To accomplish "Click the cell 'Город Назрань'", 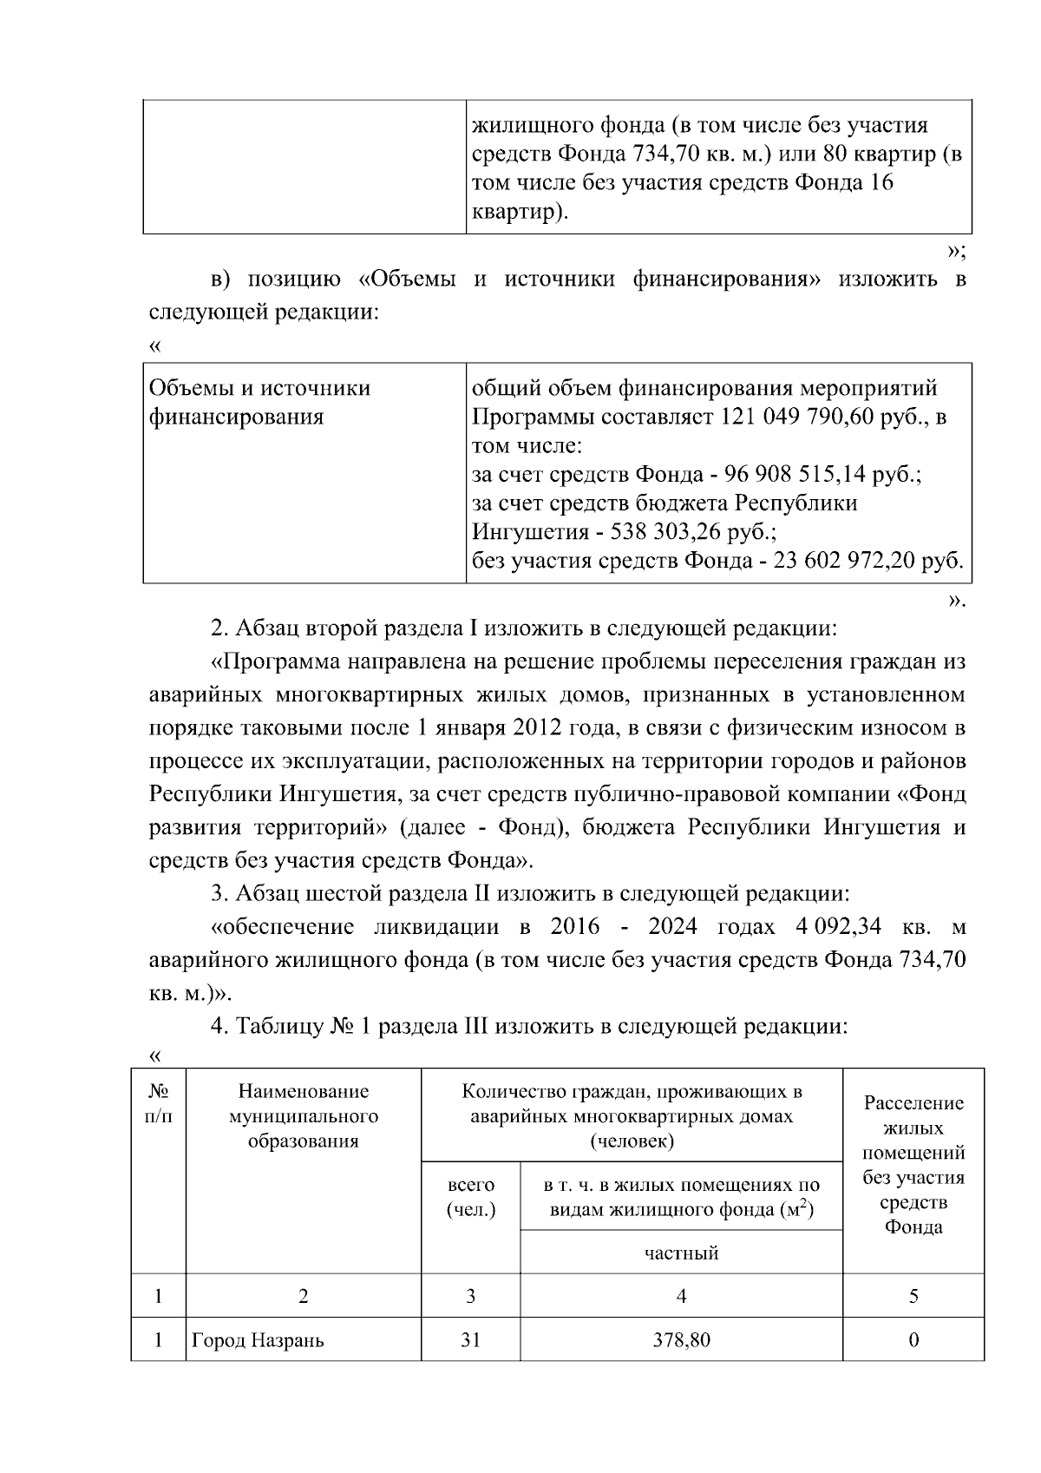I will coord(258,1340).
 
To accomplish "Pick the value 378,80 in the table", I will coord(681,1340).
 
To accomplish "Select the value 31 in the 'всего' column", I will coord(470,1340).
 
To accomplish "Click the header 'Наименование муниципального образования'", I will coord(303,1116).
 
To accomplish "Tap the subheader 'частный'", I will coord(681,1253).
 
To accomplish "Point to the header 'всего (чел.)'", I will coord(470,1197).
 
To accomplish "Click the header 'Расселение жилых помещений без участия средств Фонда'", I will coord(913,1165).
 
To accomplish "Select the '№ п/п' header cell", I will coord(158,1103).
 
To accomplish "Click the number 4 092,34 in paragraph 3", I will coord(837,927).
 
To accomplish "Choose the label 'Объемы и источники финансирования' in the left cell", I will coord(260,403).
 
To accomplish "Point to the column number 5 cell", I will coord(913,1297).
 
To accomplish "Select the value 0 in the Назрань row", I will coord(913,1340).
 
